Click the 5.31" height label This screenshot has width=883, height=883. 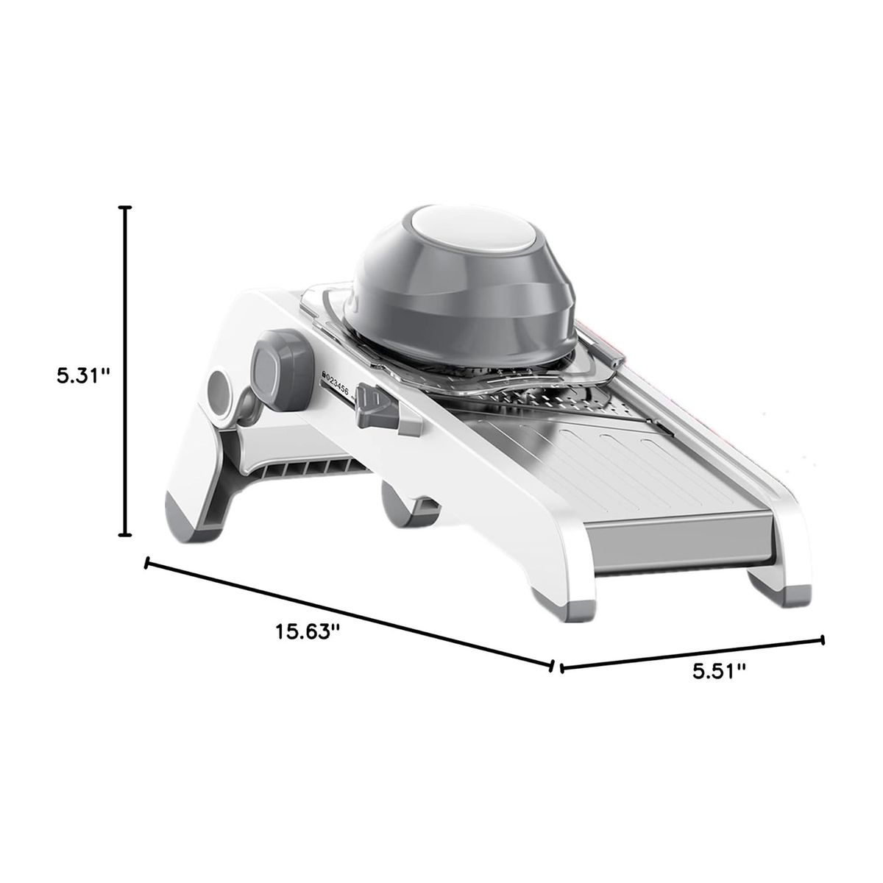[x=82, y=375]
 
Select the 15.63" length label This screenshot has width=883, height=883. [x=308, y=631]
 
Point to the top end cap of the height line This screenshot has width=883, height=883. [x=126, y=208]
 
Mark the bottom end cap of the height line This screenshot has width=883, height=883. [x=126, y=534]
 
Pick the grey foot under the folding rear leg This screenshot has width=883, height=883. [x=185, y=516]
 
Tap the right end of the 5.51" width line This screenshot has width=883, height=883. [x=822, y=639]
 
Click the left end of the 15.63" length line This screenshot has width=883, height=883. [x=148, y=564]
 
